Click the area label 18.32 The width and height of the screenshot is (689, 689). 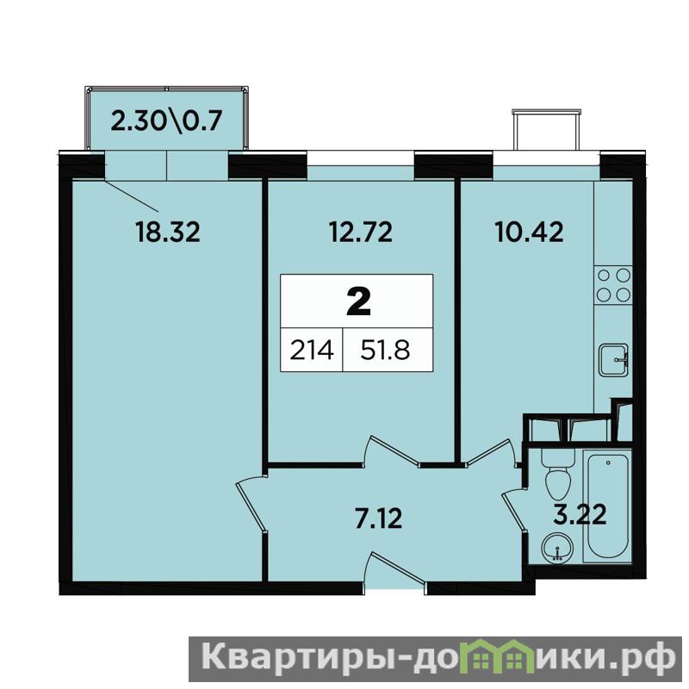click(x=167, y=232)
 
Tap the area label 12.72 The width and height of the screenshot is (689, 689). click(x=361, y=232)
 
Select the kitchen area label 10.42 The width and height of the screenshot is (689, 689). click(x=529, y=232)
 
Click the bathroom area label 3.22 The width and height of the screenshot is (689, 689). click(x=580, y=514)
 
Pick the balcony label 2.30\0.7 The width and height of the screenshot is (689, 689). click(x=166, y=121)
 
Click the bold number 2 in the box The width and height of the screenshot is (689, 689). click(x=358, y=302)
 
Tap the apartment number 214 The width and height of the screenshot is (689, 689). click(x=312, y=351)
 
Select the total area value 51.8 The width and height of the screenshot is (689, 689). click(x=385, y=351)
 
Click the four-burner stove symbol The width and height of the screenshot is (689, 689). click(x=613, y=286)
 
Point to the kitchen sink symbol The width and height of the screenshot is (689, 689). click(x=613, y=360)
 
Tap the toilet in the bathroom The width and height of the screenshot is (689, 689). click(x=557, y=474)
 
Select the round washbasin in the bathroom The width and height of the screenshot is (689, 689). click(x=557, y=548)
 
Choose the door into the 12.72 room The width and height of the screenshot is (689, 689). click(x=390, y=450)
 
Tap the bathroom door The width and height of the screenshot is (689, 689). click(x=514, y=511)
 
